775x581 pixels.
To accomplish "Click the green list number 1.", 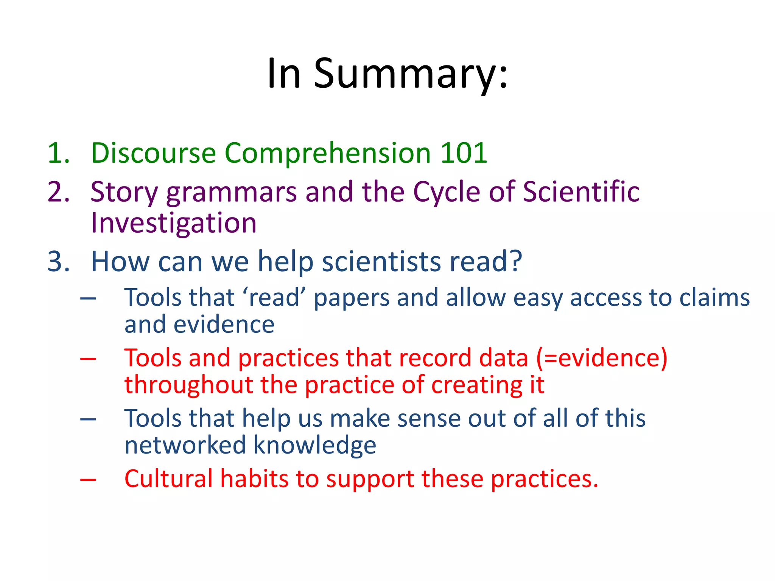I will coord(58,153).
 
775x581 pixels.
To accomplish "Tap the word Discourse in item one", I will coord(153,153).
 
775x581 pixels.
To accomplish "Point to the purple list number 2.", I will coord(58,192).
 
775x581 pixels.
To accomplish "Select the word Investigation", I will coord(174,223).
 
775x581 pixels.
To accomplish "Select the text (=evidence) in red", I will coord(602,358).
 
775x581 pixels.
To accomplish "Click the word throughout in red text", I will coord(188,385).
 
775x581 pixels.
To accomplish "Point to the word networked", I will coord(185,445).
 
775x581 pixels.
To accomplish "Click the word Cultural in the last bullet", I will coord(168,479).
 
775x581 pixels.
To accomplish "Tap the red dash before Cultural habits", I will coord(88,480).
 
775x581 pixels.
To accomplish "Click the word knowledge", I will coord(314,446).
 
